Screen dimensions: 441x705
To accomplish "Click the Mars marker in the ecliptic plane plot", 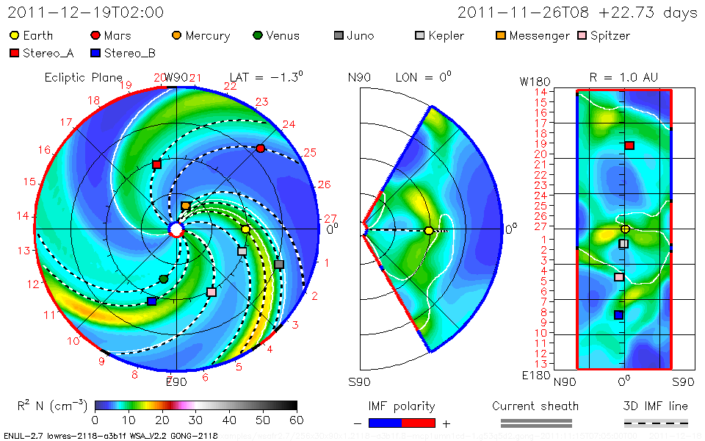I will (x=260, y=148).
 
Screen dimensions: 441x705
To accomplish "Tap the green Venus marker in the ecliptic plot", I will (x=164, y=279).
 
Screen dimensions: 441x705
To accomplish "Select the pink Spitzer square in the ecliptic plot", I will (x=211, y=292).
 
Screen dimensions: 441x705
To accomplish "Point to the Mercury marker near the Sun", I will (x=186, y=207).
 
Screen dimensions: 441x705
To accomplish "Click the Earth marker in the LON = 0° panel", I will (x=429, y=231).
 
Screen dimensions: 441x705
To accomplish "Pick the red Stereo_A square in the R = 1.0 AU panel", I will (x=629, y=146).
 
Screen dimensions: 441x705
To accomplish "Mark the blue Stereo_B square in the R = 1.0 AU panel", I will (x=618, y=315).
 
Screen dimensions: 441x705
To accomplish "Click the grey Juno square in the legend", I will (x=339, y=35).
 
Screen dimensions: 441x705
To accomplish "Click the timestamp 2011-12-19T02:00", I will (x=86, y=12).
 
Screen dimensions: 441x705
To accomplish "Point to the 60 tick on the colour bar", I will (x=297, y=420).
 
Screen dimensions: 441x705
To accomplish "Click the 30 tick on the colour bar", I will (x=196, y=420).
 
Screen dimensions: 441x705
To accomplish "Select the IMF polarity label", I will (x=402, y=406).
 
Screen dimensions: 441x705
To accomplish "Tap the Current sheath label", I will (x=535, y=406).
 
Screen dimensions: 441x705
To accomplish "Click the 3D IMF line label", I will (x=656, y=406).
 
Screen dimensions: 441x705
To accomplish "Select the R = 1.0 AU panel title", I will (x=624, y=76).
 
